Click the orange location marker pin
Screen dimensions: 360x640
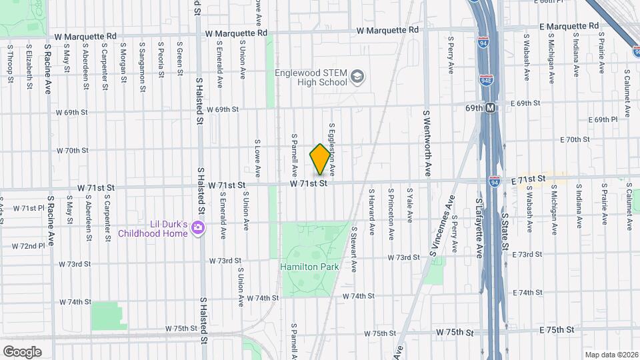coord(320,159)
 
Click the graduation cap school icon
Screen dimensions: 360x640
coord(358,77)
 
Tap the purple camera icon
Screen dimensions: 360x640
coord(197,229)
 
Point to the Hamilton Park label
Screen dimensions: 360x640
coord(309,267)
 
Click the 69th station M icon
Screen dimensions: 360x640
coord(491,107)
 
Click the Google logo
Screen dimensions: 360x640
coord(21,351)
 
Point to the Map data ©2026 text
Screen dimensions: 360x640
coord(611,354)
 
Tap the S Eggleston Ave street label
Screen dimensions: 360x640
coord(331,145)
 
